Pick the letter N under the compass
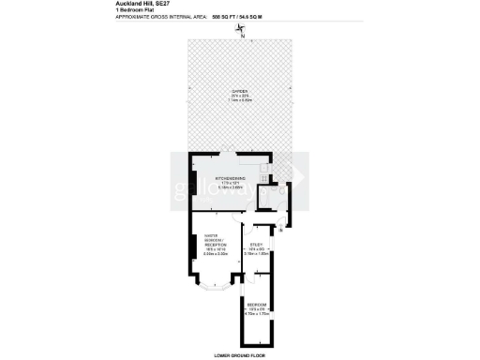pyautogui.click(x=242, y=37)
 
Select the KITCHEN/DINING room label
pyautogui.click(x=231, y=177)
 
